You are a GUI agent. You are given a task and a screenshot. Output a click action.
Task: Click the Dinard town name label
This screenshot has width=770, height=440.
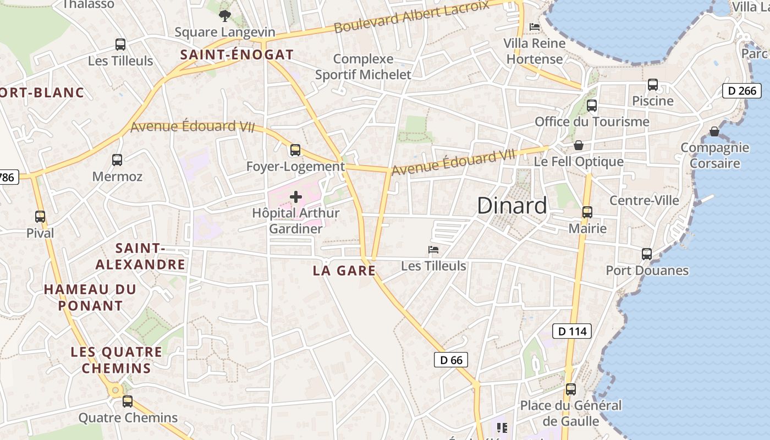[512, 206]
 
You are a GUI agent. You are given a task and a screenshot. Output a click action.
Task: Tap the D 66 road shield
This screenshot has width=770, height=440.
[452, 360]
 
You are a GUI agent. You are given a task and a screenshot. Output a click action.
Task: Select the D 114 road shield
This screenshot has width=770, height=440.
[572, 331]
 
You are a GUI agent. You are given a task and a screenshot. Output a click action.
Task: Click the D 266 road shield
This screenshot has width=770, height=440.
[741, 91]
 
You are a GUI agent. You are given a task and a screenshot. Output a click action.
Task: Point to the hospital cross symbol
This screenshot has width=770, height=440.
[296, 197]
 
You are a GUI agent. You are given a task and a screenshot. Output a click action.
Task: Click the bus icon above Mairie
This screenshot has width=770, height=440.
[587, 212]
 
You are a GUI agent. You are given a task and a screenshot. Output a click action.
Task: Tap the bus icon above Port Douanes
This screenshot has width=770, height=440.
[647, 254]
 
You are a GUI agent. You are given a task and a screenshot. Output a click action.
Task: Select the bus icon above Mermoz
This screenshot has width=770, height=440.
[117, 160]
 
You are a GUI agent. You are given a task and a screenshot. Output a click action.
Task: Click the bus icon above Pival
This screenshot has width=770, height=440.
[40, 217]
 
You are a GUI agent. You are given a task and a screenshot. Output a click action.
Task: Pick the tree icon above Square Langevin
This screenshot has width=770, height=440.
[224, 16]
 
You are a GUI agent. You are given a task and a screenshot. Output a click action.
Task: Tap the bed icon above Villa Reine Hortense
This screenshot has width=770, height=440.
[534, 26]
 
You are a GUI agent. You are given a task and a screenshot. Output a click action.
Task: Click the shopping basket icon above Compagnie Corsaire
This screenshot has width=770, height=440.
[714, 131]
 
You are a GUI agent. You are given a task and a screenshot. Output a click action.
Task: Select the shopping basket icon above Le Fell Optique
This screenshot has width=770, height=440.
[579, 145]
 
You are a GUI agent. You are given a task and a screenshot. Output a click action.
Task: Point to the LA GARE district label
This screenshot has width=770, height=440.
[344, 271]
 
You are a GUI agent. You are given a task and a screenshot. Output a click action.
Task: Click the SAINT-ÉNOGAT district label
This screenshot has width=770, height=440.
[237, 55]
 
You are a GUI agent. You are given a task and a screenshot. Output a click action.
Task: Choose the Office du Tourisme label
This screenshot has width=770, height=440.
[592, 122]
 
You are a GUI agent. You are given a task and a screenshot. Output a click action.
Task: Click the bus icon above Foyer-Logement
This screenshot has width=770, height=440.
[295, 150]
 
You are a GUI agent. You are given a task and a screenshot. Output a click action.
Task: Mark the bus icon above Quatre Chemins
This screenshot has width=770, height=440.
[128, 402]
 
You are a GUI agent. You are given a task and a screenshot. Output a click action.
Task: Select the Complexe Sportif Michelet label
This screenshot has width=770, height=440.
[363, 67]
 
